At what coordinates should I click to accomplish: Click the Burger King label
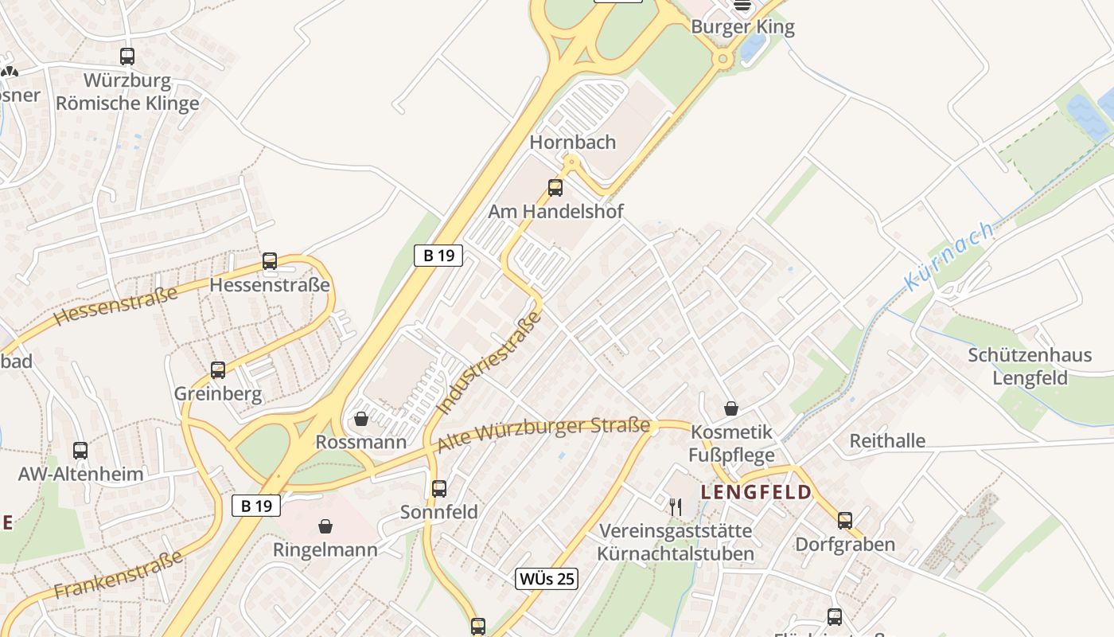click(742, 27)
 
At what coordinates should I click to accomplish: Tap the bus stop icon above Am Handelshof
click(555, 188)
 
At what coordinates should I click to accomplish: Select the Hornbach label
click(573, 143)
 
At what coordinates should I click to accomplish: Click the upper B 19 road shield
click(438, 256)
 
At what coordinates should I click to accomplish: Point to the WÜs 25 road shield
click(546, 579)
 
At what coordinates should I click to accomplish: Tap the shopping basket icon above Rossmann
click(361, 419)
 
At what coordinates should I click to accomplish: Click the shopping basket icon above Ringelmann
click(325, 526)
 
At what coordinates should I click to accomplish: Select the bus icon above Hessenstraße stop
click(270, 261)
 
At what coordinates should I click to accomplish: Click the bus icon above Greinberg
click(218, 369)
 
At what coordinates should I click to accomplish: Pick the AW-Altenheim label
click(81, 475)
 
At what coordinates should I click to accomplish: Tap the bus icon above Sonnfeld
click(439, 489)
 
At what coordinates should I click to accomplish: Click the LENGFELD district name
click(756, 492)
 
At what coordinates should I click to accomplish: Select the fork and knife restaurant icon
click(676, 506)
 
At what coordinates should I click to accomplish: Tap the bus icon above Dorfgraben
click(845, 521)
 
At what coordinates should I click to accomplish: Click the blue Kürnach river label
click(948, 256)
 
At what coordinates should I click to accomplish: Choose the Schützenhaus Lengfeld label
click(1030, 366)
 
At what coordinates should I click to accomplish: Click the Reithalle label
click(887, 441)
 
